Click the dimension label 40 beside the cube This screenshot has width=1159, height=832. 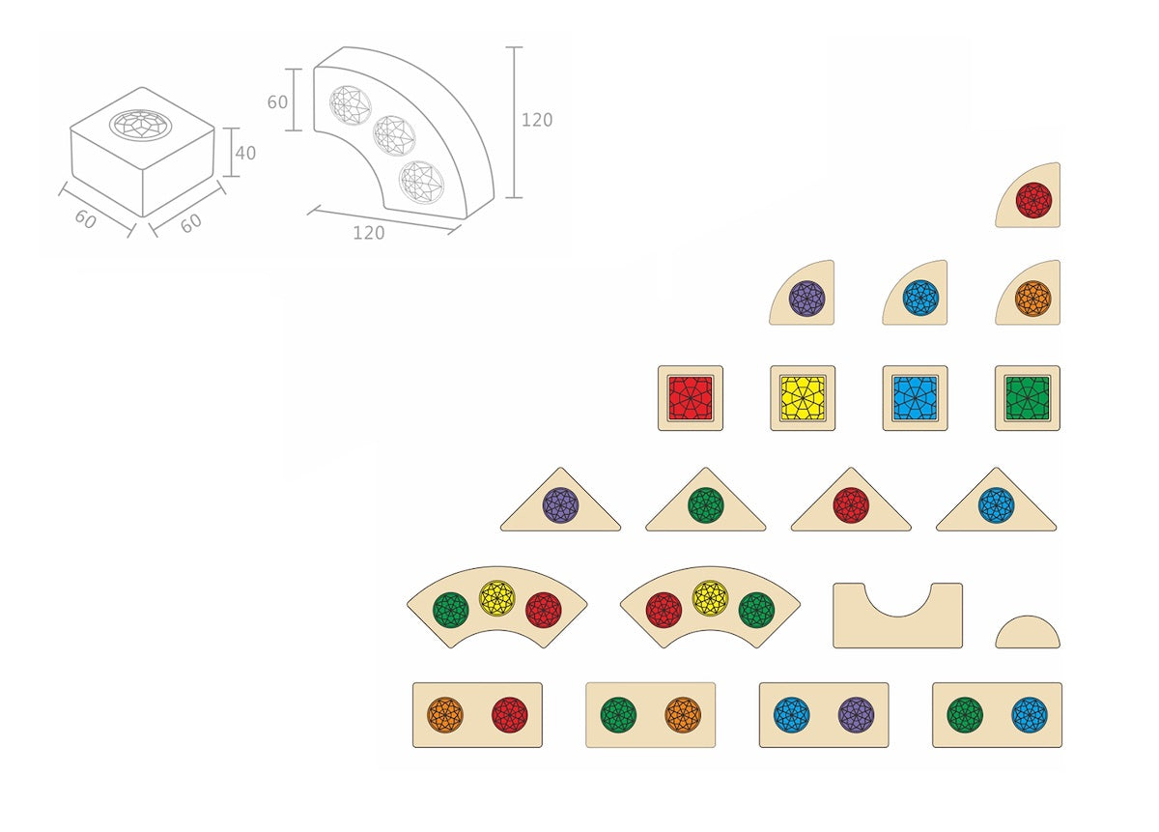[245, 153]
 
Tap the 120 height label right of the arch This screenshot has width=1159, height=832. [537, 120]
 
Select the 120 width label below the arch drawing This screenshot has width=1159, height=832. [368, 232]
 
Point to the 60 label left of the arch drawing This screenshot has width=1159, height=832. [277, 100]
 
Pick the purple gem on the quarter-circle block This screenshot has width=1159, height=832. [806, 298]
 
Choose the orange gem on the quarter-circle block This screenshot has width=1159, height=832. [1032, 298]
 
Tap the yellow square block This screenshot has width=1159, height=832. [803, 398]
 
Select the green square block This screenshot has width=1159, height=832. [1028, 398]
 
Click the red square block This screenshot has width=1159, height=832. [691, 398]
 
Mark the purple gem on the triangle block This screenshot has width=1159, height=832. [560, 505]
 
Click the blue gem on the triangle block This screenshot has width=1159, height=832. [996, 505]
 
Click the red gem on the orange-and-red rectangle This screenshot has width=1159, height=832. [509, 715]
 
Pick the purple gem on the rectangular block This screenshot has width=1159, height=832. [856, 715]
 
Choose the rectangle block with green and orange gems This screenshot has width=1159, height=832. [650, 715]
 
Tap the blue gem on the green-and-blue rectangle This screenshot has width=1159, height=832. [1030, 715]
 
